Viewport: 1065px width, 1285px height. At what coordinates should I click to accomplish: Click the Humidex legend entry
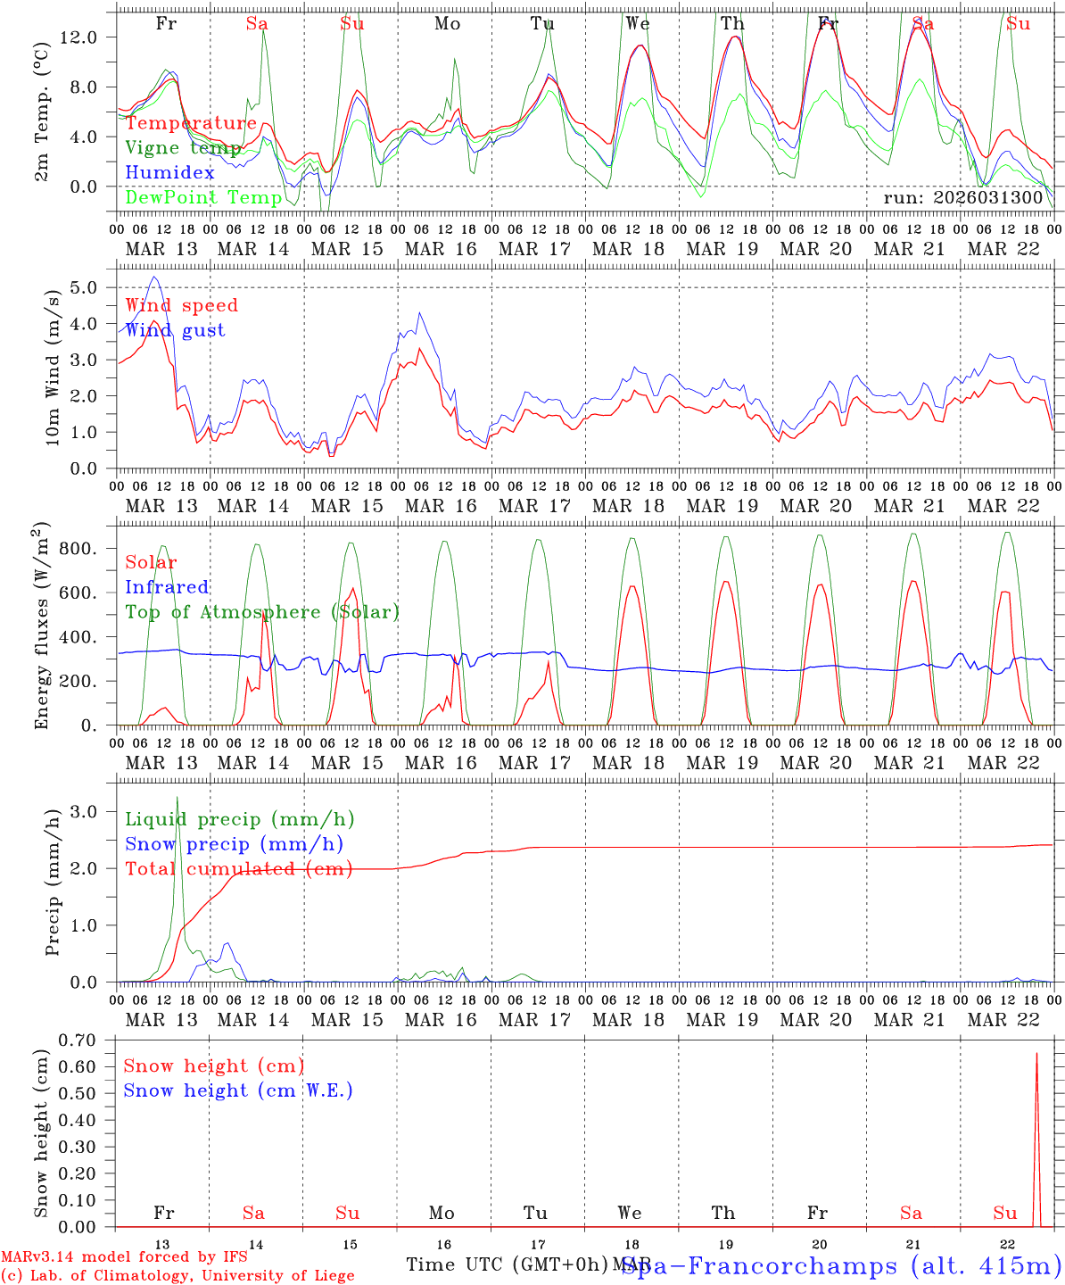(x=170, y=173)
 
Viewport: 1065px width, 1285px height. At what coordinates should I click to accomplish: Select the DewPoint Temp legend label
(x=203, y=197)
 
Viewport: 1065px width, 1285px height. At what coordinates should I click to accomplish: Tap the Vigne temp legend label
(x=183, y=148)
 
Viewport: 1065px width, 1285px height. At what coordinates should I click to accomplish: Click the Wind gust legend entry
(x=175, y=330)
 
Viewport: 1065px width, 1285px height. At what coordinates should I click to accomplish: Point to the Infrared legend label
(x=167, y=587)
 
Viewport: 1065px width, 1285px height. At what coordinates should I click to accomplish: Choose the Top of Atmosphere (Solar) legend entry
(x=261, y=612)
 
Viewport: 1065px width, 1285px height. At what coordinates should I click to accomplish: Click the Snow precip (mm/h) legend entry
(x=234, y=844)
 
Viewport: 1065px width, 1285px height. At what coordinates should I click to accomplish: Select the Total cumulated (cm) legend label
(x=238, y=869)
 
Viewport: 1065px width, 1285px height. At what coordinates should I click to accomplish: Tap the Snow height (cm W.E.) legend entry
(x=238, y=1090)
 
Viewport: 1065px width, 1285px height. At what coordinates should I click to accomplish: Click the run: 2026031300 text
(x=962, y=197)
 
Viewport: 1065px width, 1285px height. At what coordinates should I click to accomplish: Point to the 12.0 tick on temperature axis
(x=87, y=37)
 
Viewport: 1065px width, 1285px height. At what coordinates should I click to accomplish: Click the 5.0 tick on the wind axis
(x=93, y=287)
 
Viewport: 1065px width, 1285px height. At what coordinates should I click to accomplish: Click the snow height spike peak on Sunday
(x=1036, y=1054)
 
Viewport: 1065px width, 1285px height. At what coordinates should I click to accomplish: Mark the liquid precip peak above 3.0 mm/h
(x=177, y=797)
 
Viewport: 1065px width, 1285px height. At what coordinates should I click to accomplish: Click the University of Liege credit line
(x=177, y=1275)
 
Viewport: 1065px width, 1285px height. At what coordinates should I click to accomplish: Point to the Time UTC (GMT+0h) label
(x=507, y=1264)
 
